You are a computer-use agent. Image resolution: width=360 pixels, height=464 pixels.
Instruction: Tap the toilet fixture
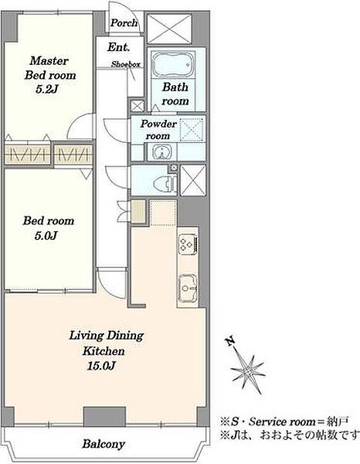[165, 183]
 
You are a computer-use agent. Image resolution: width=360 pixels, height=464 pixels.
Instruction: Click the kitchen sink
[188, 288]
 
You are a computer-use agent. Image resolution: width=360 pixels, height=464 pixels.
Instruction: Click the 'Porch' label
[124, 22]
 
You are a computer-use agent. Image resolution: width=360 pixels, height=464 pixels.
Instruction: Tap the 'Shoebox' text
[126, 64]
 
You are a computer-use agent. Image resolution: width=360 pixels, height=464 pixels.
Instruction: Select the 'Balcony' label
[104, 444]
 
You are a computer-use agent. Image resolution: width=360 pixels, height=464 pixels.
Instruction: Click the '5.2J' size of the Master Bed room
[46, 89]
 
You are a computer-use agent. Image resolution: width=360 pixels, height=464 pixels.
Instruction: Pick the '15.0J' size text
[101, 366]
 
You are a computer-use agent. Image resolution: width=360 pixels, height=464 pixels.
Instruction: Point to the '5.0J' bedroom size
[46, 236]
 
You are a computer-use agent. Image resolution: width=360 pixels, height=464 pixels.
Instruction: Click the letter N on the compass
[230, 342]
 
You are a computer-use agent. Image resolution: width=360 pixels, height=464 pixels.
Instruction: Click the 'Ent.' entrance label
[118, 46]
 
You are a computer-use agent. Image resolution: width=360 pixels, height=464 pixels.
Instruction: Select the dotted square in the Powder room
[192, 129]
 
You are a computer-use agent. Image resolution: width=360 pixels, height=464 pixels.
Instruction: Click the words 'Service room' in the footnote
[282, 421]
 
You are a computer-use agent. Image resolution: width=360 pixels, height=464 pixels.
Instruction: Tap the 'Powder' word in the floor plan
[158, 124]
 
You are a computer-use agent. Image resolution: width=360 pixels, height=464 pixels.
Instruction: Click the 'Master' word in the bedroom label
[49, 60]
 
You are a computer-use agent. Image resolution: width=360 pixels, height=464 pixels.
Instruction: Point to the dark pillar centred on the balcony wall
[104, 416]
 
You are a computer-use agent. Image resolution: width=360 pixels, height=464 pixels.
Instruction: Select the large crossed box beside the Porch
[170, 29]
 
